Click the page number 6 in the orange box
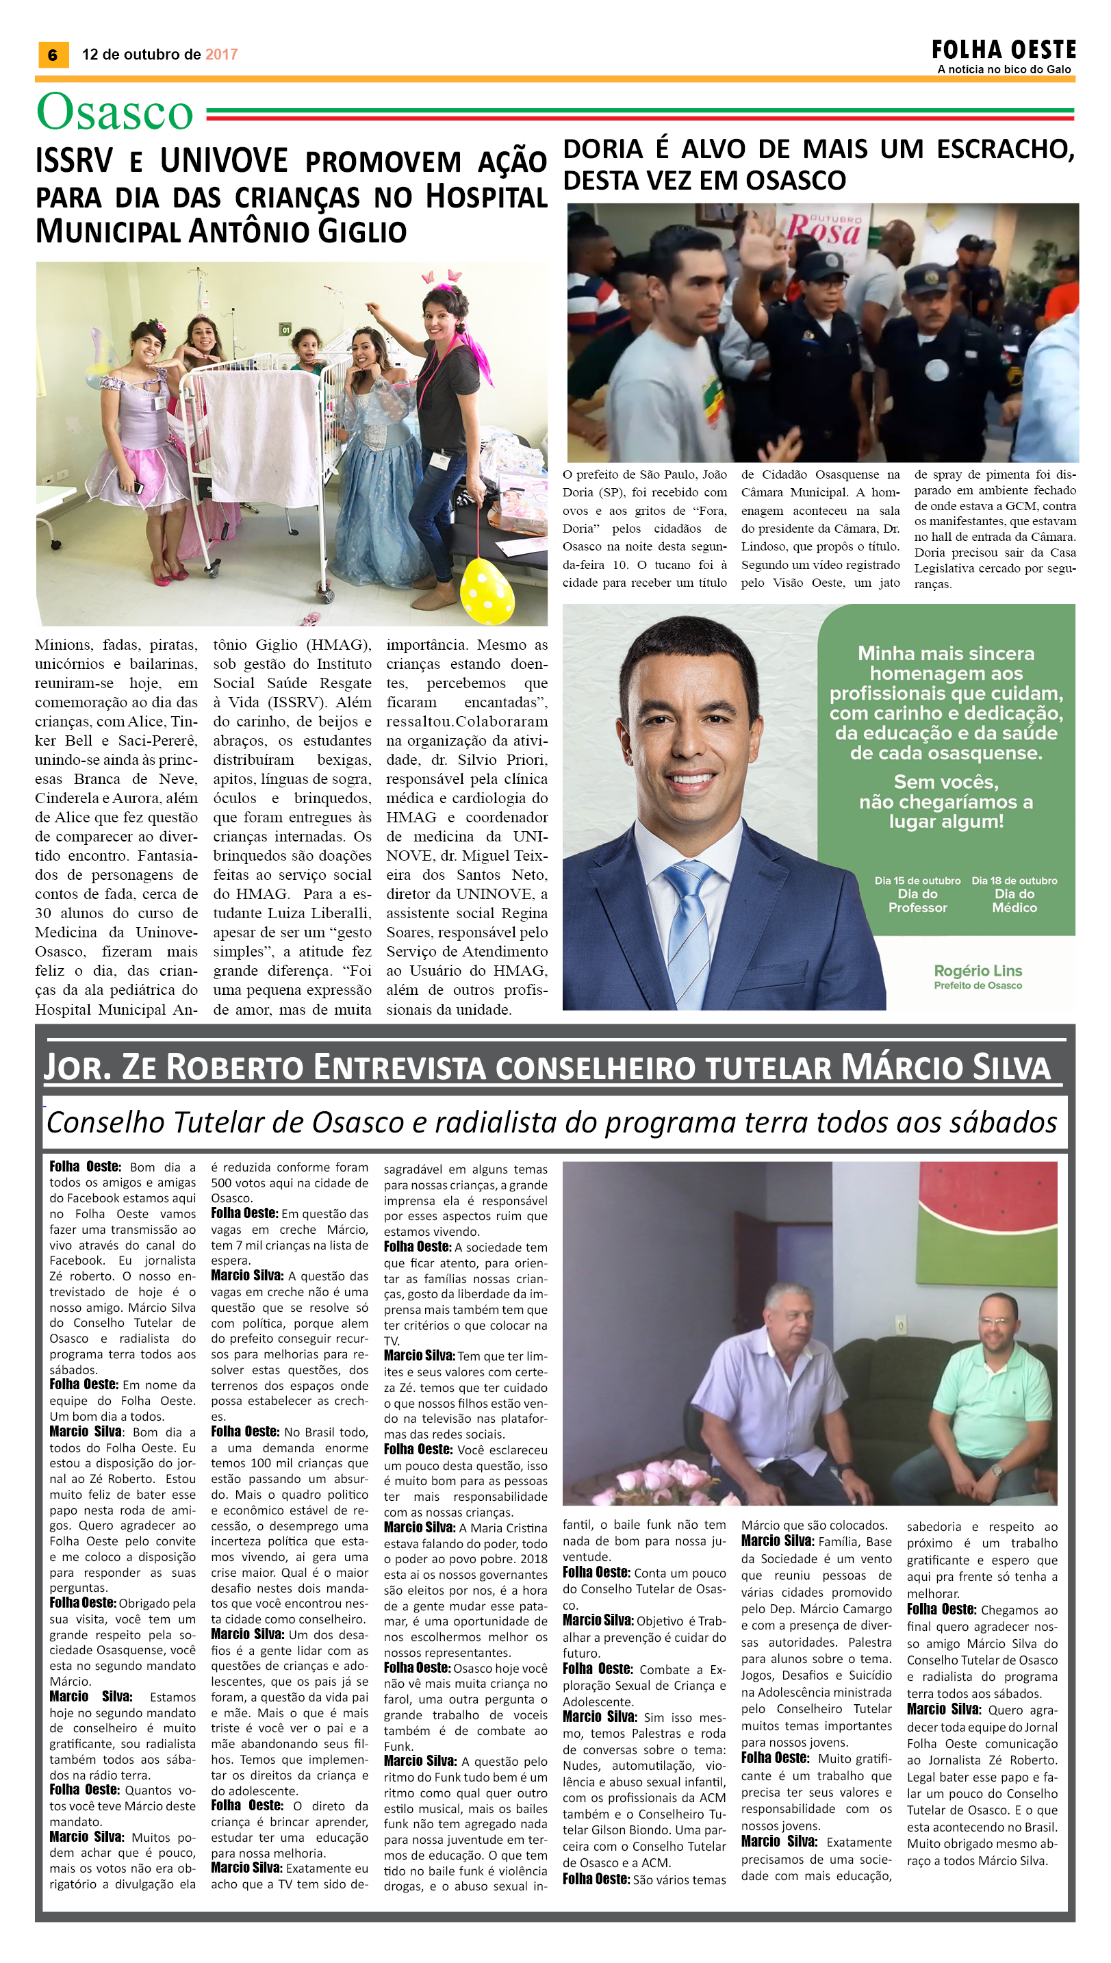pos(53,55)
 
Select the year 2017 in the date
pos(221,54)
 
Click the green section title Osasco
pos(114,112)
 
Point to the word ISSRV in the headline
pos(73,162)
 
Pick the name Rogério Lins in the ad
pos(978,970)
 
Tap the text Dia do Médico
pos(1014,900)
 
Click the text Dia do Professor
pos(917,900)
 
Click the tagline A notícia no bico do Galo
pos(1004,69)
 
